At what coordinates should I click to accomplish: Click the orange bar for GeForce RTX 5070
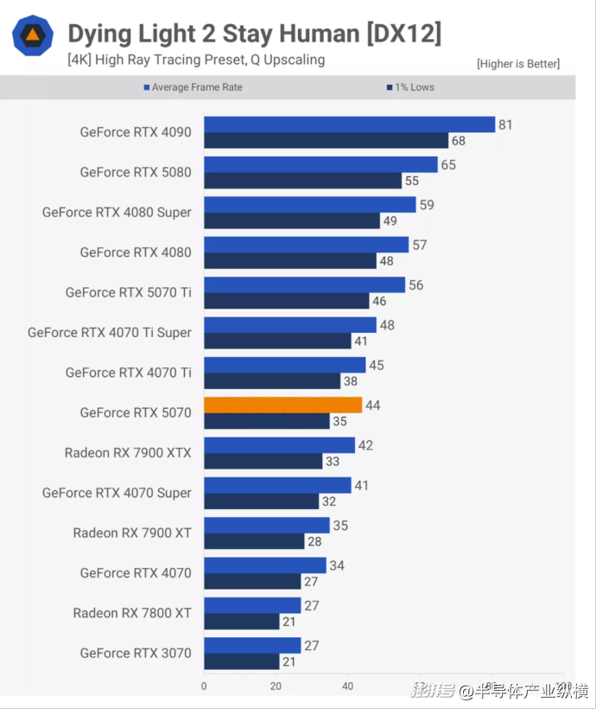(282, 405)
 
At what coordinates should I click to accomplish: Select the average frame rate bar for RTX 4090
(349, 125)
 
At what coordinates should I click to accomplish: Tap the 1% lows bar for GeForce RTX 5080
(302, 181)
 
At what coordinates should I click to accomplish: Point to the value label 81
(505, 125)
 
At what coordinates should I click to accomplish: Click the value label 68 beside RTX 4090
(459, 140)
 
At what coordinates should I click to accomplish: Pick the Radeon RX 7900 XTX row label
(128, 452)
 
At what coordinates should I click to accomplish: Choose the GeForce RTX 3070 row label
(136, 653)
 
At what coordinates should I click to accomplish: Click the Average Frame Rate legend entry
(197, 87)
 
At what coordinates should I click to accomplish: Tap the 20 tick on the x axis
(276, 687)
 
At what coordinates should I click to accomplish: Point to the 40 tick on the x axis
(348, 687)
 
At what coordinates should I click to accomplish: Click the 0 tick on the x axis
(204, 687)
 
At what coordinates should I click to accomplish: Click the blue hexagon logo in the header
(33, 35)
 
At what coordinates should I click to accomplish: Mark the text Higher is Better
(518, 63)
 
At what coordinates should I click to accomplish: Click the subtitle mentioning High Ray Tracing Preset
(196, 60)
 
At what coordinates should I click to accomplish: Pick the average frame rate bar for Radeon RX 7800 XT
(252, 605)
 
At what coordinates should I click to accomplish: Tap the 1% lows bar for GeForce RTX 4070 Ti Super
(277, 341)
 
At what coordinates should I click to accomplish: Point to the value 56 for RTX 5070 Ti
(416, 285)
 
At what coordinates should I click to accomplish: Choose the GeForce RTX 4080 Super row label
(117, 212)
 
